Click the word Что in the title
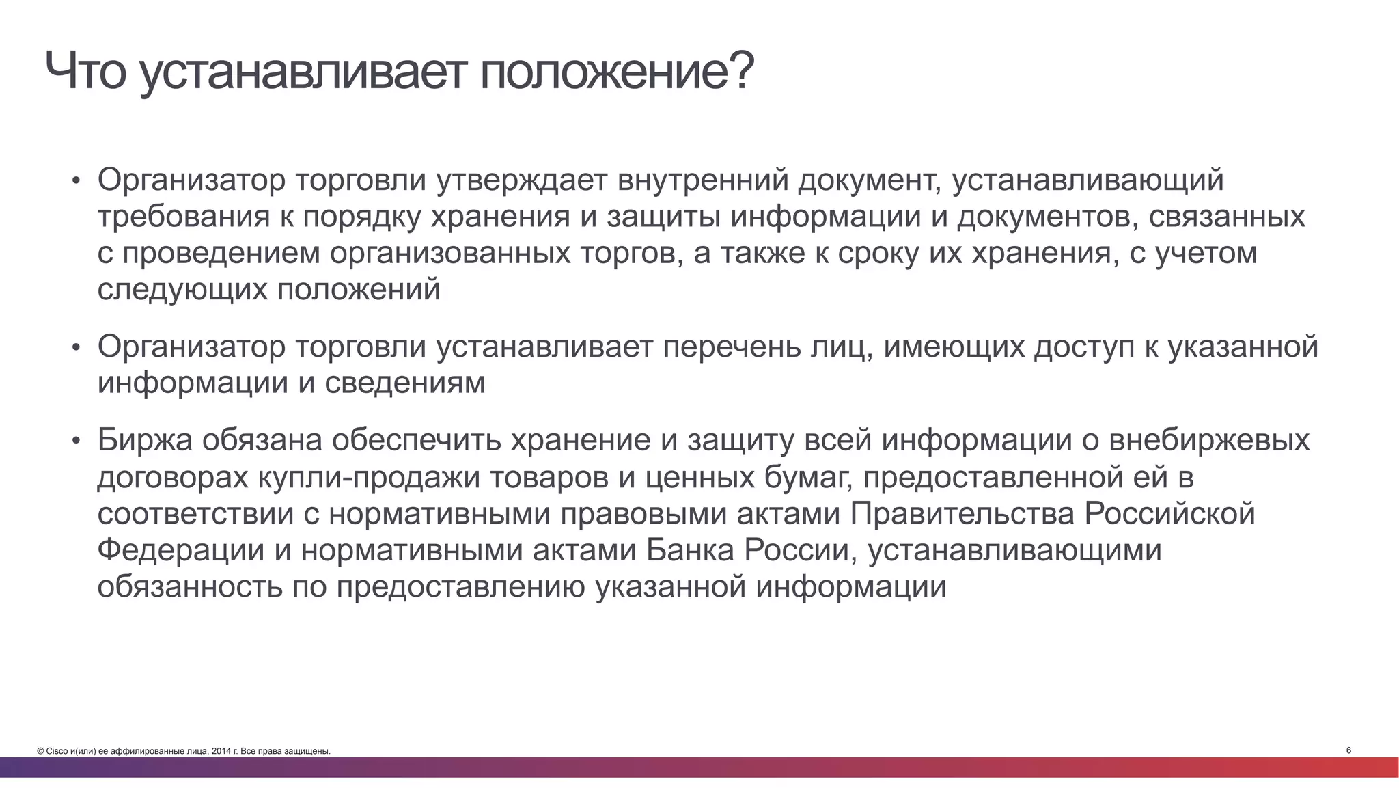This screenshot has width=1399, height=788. tap(86, 72)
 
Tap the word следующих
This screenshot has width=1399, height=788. tap(182, 289)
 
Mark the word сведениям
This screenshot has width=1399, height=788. tap(404, 383)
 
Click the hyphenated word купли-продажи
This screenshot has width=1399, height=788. tap(374, 477)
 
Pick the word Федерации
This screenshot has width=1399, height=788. tap(181, 550)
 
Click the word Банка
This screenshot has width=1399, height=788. tap(690, 550)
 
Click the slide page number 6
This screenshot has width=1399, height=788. tap(1348, 750)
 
